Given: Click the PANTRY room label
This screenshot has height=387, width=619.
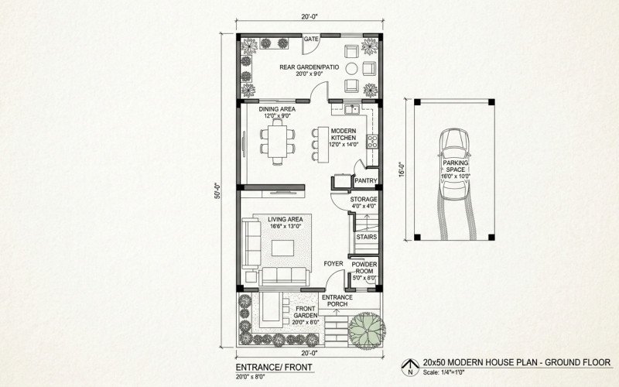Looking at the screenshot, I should [x=364, y=181].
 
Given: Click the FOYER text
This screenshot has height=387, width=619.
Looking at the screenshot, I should [x=333, y=263].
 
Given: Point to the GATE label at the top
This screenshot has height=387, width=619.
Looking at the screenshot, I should [x=312, y=39].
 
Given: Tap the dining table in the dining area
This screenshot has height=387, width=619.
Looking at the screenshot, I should [x=278, y=141].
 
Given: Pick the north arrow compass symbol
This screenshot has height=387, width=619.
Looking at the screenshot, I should [x=410, y=365].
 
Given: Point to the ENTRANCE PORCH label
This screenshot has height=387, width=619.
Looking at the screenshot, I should [x=337, y=300].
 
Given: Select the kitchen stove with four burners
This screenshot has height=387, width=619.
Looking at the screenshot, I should [x=371, y=142].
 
